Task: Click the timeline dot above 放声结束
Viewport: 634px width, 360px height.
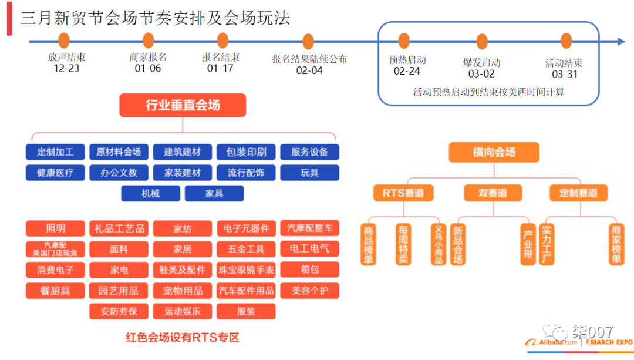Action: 64,41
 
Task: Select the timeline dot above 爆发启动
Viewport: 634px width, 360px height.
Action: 482,41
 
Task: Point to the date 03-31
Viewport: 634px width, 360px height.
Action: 565,74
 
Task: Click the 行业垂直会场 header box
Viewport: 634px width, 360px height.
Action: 183,105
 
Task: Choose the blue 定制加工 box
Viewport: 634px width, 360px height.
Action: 55,152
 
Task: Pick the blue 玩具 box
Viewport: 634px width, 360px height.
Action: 309,173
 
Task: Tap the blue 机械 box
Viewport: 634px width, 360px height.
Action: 150,193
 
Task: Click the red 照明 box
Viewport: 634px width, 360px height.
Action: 55,228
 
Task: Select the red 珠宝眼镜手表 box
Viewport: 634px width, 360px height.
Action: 246,270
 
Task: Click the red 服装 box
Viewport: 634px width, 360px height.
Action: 246,311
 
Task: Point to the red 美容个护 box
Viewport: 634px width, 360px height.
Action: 309,290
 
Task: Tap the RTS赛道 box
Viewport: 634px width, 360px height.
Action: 403,193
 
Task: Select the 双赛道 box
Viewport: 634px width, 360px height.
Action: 492,193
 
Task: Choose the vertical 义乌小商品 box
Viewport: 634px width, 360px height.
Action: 437,244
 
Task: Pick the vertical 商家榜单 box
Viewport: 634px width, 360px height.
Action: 616,244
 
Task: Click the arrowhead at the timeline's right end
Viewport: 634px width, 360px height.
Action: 621,41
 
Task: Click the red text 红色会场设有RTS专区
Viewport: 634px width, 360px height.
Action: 183,337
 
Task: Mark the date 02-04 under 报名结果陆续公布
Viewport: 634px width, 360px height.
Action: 309,70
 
